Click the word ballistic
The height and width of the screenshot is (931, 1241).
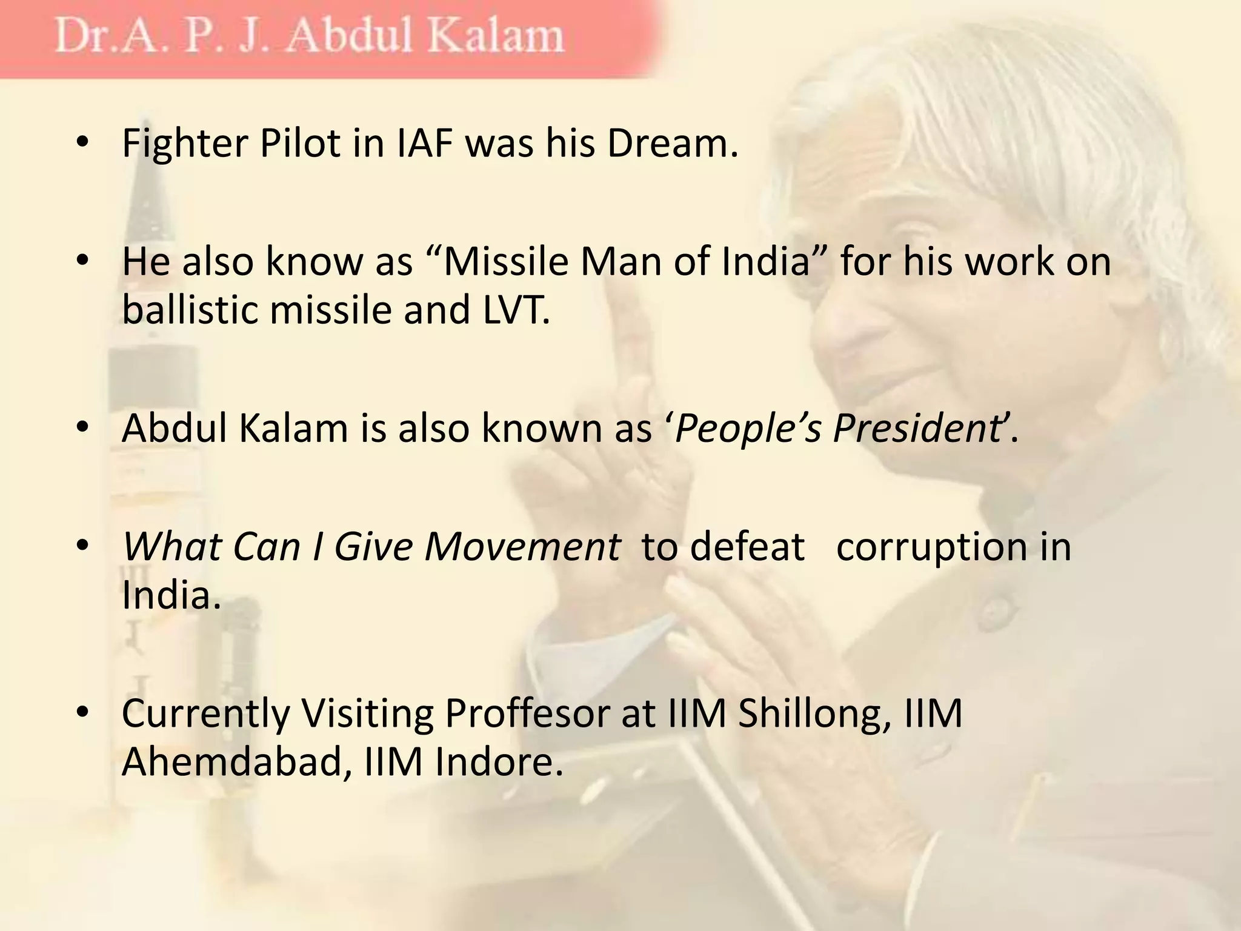point(190,310)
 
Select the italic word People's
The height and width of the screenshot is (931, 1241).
point(748,429)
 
